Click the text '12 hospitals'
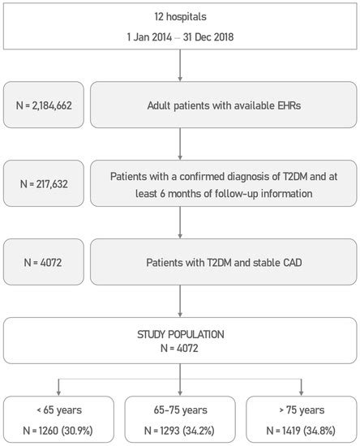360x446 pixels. pyautogui.click(x=179, y=17)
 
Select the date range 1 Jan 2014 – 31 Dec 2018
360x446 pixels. pyautogui.click(x=179, y=37)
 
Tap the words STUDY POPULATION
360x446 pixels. pyautogui.click(x=179, y=332)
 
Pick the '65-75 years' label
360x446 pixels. pyautogui.click(x=179, y=410)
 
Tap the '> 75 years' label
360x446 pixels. pyautogui.click(x=300, y=410)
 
